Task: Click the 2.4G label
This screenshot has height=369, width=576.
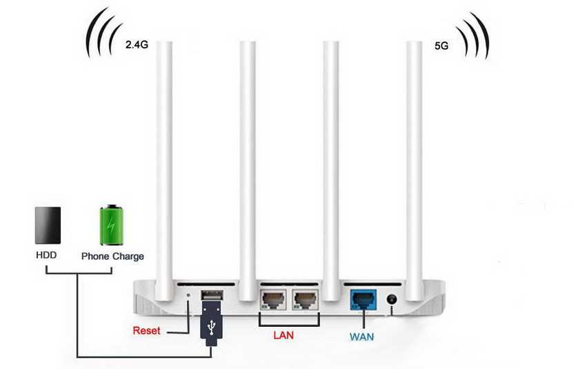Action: pyautogui.click(x=137, y=44)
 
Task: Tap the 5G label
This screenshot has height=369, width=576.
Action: pyautogui.click(x=441, y=46)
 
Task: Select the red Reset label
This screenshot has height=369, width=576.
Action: pyautogui.click(x=146, y=330)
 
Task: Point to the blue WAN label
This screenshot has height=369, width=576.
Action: pyautogui.click(x=361, y=338)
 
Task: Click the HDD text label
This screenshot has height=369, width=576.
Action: pyautogui.click(x=46, y=256)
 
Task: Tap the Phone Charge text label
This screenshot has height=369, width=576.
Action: pyautogui.click(x=112, y=256)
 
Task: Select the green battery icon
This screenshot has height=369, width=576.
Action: pyautogui.click(x=110, y=224)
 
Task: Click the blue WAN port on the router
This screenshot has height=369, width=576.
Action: pyautogui.click(x=361, y=299)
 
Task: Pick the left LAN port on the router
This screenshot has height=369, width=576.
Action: pyautogui.click(x=272, y=299)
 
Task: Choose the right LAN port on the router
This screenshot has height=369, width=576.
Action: pyautogui.click(x=304, y=299)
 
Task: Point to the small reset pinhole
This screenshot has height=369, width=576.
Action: pyautogui.click(x=190, y=297)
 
